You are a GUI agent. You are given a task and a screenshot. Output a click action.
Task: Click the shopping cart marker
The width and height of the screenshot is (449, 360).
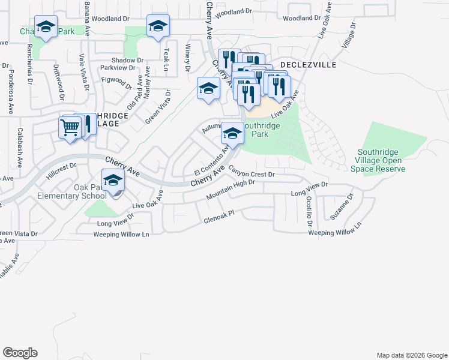[x=70, y=127]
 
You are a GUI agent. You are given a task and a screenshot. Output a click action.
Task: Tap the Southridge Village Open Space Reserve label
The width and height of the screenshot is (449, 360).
[x=381, y=160]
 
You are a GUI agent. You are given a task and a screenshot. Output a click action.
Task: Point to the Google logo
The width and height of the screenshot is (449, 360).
[x=20, y=353]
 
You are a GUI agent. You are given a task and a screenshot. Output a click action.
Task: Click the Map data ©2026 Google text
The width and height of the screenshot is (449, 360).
[x=411, y=355]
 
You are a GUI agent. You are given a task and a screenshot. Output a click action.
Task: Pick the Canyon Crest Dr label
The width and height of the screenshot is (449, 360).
[x=251, y=173]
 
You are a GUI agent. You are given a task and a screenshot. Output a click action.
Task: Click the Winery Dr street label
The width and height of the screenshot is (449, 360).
[x=188, y=58]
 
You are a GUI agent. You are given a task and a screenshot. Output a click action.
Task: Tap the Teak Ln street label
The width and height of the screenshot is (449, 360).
[x=167, y=59]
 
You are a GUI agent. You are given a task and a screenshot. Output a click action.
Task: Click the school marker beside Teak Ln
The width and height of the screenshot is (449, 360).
[x=158, y=27]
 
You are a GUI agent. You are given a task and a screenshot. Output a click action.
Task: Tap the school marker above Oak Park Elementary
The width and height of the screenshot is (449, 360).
[x=113, y=181]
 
